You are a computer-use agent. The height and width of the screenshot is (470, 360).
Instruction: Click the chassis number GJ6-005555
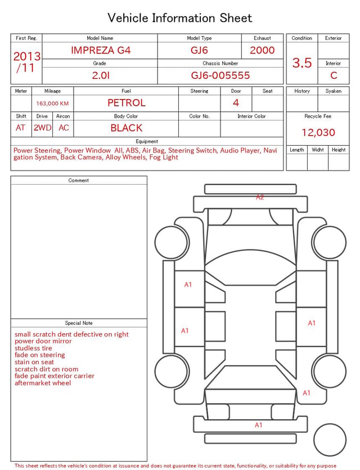220,75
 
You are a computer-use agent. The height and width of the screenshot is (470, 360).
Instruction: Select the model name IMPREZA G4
101,50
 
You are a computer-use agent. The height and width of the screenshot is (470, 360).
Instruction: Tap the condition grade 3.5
302,62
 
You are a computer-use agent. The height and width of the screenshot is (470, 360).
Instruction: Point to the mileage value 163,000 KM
52,104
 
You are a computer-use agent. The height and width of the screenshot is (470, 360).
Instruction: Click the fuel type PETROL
127,103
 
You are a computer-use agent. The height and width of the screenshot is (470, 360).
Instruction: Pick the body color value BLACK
127,128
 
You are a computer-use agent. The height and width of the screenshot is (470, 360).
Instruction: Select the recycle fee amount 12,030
318,132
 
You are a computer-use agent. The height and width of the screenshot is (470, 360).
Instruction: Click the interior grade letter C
334,75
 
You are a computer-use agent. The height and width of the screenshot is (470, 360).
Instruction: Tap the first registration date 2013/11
26,62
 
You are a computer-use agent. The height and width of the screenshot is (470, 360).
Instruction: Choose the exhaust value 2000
262,50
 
